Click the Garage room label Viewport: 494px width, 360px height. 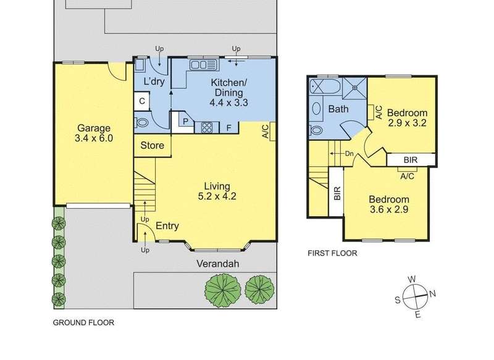pos(94,128)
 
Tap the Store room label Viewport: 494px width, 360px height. pos(152,146)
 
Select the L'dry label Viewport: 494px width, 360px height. pos(154,82)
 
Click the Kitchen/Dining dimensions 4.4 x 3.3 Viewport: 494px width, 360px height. pos(228,103)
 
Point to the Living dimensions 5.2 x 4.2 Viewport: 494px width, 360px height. pos(217,196)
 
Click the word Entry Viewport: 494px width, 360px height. pos(167,226)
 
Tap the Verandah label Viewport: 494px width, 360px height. pos(218,264)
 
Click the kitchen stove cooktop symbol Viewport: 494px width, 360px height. pos(207,127)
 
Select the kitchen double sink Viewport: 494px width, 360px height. pos(204,65)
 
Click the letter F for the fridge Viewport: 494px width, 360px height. pos(229,128)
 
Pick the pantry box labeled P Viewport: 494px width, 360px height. pos(186,120)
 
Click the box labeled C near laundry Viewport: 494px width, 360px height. pos(142,101)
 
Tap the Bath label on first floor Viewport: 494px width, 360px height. pos(338,109)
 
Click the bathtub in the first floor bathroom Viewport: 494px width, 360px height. pos(325,86)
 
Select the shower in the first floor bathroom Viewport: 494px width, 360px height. pos(354,88)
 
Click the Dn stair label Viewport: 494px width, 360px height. pos(350,154)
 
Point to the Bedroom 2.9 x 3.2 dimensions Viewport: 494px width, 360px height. pos(408,122)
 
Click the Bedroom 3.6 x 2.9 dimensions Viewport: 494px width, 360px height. pos(389,209)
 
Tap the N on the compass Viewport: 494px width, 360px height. pos(433,294)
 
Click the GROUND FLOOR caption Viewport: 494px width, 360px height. pos(83,322)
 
